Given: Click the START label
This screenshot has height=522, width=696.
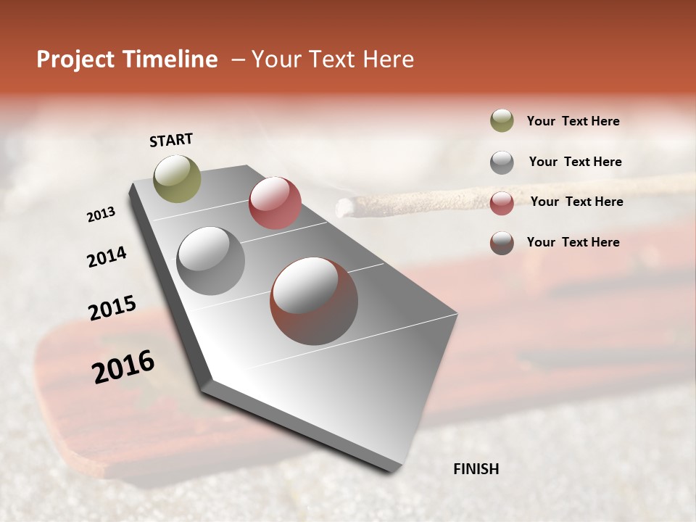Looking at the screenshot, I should [x=171, y=140].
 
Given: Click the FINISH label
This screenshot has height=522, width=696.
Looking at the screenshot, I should [x=476, y=469].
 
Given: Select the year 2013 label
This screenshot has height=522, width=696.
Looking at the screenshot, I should [x=101, y=215].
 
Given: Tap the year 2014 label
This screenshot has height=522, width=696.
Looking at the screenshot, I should [x=107, y=257].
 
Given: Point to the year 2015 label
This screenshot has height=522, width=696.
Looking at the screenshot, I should [x=112, y=308].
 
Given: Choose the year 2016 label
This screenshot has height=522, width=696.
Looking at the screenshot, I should [x=123, y=366].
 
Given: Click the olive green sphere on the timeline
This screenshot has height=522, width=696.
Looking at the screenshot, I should [x=178, y=178].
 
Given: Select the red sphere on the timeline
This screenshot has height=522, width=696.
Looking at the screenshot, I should [x=275, y=203].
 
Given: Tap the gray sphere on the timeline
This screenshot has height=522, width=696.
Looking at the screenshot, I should [x=211, y=261].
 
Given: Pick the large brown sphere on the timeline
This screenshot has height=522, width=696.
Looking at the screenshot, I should [x=314, y=301].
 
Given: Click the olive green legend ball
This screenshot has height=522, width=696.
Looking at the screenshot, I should [x=502, y=120].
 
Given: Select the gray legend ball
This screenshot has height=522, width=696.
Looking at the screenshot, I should [x=502, y=162].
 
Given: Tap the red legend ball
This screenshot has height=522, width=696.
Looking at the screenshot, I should [x=502, y=203].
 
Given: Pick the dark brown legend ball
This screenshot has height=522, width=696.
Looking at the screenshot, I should [x=502, y=243].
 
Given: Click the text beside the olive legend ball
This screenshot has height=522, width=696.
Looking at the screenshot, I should [x=573, y=121].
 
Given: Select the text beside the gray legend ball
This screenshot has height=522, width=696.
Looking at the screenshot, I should [x=575, y=162].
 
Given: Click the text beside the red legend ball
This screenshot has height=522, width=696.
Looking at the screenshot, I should [x=576, y=202].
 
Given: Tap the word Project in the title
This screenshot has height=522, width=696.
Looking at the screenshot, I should [x=75, y=59].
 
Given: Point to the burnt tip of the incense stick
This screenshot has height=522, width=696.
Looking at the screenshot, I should [x=345, y=208].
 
